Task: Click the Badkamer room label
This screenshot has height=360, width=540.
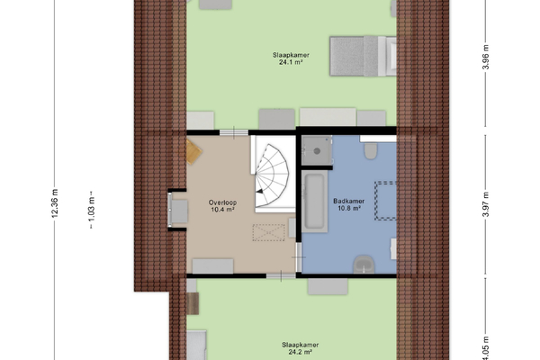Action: click(x=349, y=201)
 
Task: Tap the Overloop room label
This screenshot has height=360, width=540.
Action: click(x=222, y=202)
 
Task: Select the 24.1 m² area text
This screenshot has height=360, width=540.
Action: click(x=291, y=62)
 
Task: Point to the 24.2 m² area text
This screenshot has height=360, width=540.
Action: click(x=300, y=352)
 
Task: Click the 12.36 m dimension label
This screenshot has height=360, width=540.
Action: click(x=55, y=203)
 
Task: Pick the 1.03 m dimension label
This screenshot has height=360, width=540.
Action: click(x=91, y=209)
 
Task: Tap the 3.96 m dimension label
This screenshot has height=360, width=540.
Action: click(x=486, y=58)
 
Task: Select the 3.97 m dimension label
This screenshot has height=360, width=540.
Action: click(x=486, y=204)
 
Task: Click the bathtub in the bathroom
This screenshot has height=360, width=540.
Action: click(x=315, y=202)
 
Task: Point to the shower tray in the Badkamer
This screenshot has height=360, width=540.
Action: click(x=317, y=150)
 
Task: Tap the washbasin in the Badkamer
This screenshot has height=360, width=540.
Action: click(x=364, y=265)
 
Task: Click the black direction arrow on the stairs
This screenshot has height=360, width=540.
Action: click(x=259, y=192)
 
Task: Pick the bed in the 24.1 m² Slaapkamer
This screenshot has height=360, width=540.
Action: click(x=363, y=56)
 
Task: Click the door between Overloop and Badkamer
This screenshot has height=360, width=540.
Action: click(x=299, y=257)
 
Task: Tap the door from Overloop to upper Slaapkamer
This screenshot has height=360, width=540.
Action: click(x=234, y=132)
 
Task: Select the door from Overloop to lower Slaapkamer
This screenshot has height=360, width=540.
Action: click(x=281, y=275)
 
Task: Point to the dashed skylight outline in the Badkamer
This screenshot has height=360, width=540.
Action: click(x=385, y=201)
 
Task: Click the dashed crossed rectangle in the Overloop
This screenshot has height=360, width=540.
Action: click(x=268, y=232)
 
